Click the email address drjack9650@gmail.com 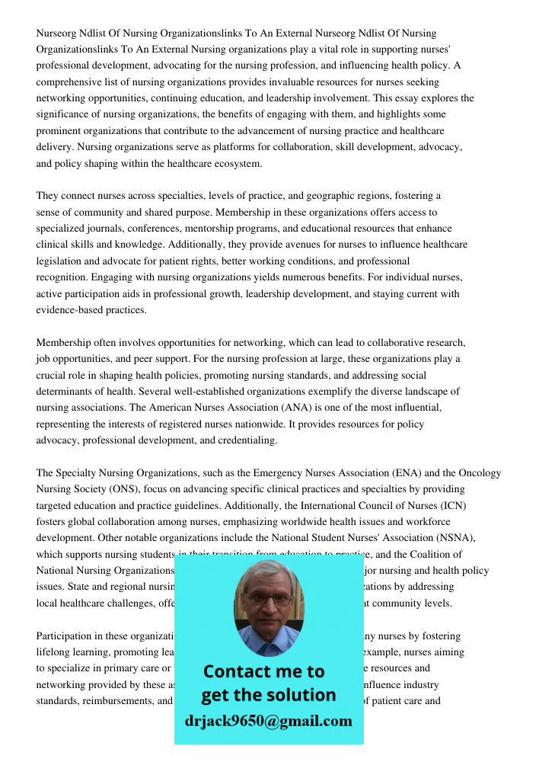(x=269, y=721)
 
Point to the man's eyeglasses (x=269, y=599)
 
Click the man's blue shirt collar (x=268, y=644)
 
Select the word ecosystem (x=234, y=163)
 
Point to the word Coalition (x=422, y=555)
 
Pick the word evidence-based (x=72, y=310)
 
